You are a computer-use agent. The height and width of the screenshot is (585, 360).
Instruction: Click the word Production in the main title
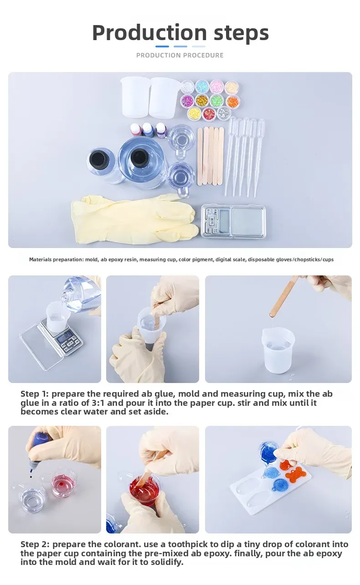click(149, 33)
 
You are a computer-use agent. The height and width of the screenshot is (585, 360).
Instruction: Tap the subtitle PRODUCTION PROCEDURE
click(180, 55)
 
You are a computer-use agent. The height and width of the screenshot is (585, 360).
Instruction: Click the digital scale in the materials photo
click(234, 221)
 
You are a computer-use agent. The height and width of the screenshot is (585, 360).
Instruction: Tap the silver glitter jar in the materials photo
click(224, 113)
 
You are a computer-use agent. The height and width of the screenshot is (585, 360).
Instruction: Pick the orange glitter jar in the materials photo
click(232, 101)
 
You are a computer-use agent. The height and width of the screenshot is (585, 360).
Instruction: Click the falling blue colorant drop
click(31, 476)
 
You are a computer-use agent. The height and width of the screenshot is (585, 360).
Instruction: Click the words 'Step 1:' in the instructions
click(35, 393)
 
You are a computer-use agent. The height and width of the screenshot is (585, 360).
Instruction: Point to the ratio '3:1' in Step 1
click(98, 403)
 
